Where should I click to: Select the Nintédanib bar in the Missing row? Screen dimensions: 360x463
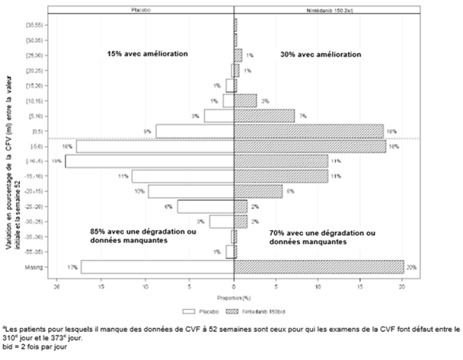318,266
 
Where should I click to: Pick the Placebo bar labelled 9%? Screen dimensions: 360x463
194,131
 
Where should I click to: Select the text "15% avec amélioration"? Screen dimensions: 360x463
147,54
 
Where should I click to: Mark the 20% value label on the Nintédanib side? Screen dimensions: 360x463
411,267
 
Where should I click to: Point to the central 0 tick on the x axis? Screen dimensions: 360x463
234,289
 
